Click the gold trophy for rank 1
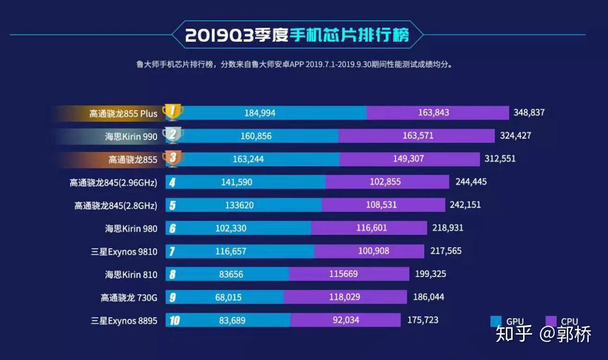[173, 112]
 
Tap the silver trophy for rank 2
[173, 135]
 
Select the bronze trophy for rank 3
[173, 159]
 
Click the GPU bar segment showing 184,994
[269, 113]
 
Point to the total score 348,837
[529, 113]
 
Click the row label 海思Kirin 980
[131, 229]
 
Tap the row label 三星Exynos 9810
[124, 251]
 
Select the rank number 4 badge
[172, 183]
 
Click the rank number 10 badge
[174, 321]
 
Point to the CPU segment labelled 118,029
[345, 297]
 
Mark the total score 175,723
[422, 320]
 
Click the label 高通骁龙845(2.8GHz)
[116, 206]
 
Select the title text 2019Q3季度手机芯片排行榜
[297, 35]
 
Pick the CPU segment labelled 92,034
[345, 320]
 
